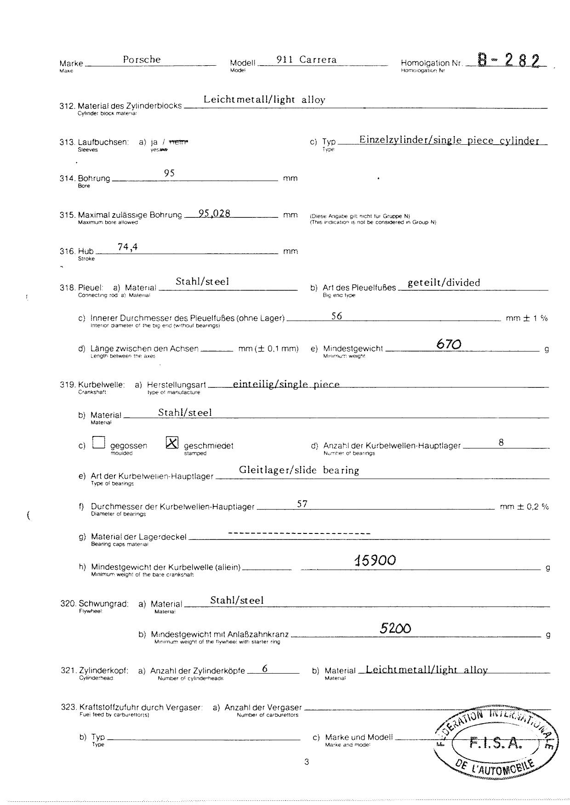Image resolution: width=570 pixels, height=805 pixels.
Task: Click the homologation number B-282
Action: tap(507, 60)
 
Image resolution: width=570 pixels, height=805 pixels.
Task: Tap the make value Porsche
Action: tap(142, 60)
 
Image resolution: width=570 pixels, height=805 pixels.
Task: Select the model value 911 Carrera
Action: tap(307, 60)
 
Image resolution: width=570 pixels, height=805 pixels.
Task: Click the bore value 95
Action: tap(169, 173)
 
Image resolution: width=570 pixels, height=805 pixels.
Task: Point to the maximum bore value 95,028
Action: tap(215, 214)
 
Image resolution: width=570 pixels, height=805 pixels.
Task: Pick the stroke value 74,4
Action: tap(127, 247)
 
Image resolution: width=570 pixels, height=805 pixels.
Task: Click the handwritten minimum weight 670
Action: tap(449, 344)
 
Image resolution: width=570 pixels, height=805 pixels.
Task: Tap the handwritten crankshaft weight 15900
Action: tap(375, 560)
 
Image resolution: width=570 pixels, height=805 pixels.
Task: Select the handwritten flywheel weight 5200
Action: tap(395, 628)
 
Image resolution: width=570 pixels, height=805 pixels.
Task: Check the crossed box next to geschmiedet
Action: tap(172, 442)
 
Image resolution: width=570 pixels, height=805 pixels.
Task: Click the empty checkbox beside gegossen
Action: tap(99, 442)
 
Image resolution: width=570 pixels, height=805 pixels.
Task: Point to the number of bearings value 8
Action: tap(501, 442)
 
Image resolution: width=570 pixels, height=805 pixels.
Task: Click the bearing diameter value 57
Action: tap(302, 504)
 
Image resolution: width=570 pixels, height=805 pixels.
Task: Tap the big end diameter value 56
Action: tap(336, 316)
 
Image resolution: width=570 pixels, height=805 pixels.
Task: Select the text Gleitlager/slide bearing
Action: tap(299, 470)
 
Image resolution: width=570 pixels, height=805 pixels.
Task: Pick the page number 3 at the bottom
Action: tap(307, 762)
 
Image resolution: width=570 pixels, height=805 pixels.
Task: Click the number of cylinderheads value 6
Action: tap(265, 669)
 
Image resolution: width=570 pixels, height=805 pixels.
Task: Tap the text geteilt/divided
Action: tap(444, 283)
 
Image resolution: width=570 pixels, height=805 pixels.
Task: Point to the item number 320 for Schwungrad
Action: tap(68, 603)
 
